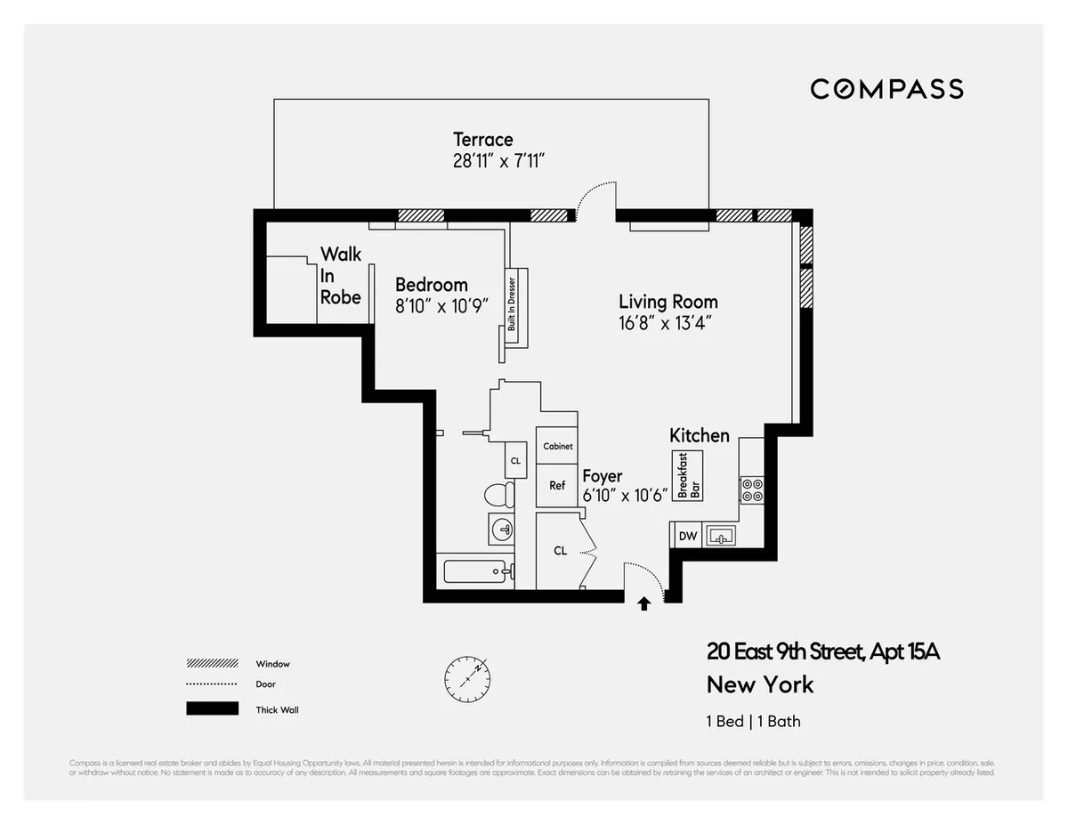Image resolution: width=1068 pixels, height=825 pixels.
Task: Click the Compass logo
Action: [886, 89]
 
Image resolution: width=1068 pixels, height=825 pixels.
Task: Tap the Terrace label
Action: [483, 140]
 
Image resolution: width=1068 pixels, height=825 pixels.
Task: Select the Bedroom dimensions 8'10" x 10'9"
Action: [442, 305]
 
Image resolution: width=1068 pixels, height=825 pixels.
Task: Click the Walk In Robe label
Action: [341, 276]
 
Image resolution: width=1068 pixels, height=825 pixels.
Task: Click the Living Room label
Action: [667, 302]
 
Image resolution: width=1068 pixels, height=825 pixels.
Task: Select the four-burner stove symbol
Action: [751, 490]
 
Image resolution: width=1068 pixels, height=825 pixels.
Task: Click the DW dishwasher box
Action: [687, 536]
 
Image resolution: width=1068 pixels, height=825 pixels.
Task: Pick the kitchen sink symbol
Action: [719, 536]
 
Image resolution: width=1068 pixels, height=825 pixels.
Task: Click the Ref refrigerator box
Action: [557, 486]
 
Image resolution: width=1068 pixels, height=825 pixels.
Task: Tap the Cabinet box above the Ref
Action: [557, 446]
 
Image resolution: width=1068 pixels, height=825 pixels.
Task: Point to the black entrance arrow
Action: [644, 604]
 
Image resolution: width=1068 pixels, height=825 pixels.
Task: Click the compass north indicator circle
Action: [467, 679]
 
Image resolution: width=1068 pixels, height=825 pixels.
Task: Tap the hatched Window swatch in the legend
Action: [212, 664]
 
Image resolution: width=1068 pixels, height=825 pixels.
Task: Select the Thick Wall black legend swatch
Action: [212, 709]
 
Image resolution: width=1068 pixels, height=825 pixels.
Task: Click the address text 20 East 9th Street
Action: [823, 652]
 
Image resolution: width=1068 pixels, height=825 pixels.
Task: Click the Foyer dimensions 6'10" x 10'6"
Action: [625, 497]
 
